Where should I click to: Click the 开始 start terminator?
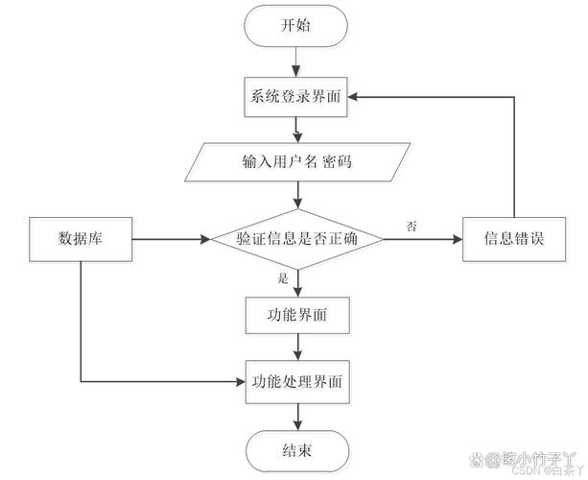click(296, 27)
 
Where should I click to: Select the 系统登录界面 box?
click(296, 97)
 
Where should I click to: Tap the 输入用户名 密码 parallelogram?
click(296, 161)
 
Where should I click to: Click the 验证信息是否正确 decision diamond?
click(296, 239)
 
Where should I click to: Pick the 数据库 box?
click(81, 239)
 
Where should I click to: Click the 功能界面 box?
click(296, 313)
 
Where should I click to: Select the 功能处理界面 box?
click(296, 381)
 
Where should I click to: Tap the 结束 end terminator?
click(296, 447)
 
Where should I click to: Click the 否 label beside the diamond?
click(412, 226)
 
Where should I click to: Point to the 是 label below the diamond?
click(282, 279)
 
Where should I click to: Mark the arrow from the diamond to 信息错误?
click(422, 239)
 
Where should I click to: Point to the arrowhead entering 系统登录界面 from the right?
click(354, 97)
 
